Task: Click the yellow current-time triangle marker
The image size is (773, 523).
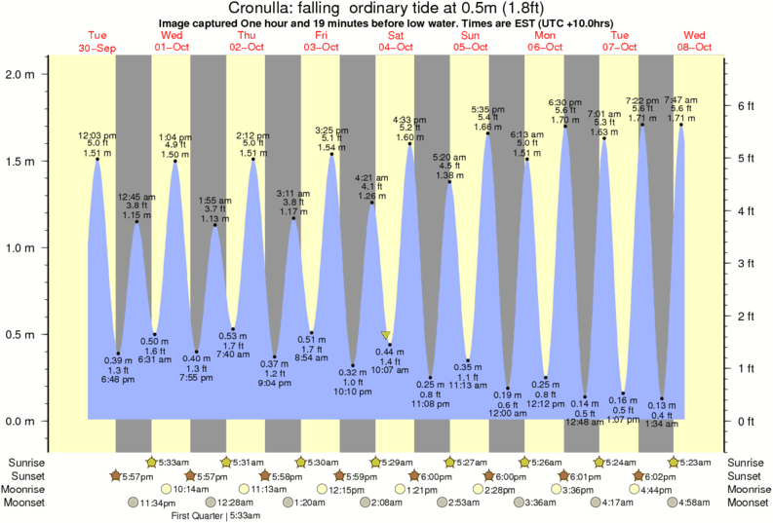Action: point(387,336)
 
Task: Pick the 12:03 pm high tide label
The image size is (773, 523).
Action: point(97,134)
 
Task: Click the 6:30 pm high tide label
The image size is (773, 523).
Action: point(565,102)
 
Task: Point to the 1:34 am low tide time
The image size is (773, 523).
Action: point(663,425)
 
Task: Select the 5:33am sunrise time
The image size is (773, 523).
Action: point(174,462)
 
